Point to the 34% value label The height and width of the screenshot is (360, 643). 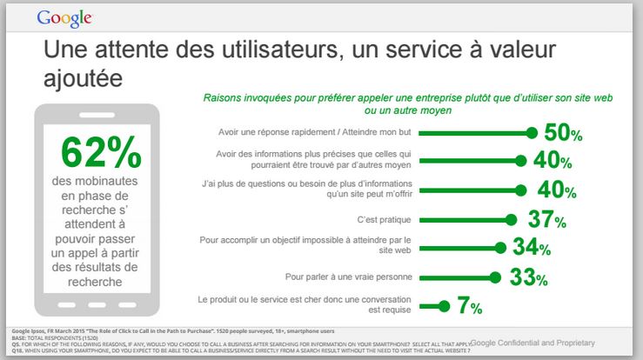[532, 248]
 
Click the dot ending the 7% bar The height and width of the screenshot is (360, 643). [445, 306]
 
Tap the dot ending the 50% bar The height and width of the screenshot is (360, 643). [532, 133]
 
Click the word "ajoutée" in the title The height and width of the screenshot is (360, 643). [83, 78]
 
